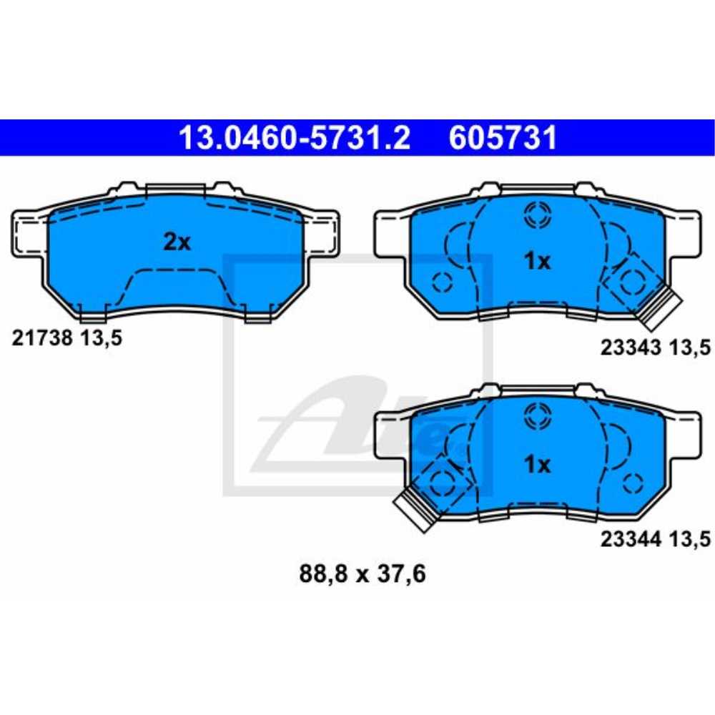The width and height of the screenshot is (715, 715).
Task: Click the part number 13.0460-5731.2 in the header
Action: pos(294,138)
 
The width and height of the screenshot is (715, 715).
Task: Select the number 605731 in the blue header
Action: pos(503,138)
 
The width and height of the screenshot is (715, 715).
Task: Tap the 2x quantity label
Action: pos(177,243)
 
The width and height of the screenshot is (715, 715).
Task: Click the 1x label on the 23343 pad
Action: pos(537,262)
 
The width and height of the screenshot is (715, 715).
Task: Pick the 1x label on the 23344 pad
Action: pos(537,465)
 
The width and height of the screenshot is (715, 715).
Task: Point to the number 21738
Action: pos(42,338)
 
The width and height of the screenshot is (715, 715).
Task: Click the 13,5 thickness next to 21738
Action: pos(101,338)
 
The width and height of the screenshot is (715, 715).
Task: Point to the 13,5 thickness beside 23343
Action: pos(689,348)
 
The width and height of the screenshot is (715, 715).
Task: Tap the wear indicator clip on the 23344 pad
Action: pos(415,509)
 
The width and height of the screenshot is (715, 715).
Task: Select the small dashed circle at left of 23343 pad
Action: pos(443,283)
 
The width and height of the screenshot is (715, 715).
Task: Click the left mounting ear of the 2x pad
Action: pos(29,232)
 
